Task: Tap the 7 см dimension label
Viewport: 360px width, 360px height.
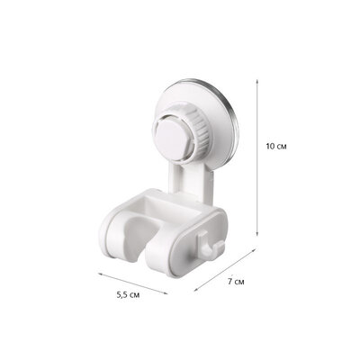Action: [235, 283]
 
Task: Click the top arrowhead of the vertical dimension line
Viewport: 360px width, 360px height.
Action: [259, 76]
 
